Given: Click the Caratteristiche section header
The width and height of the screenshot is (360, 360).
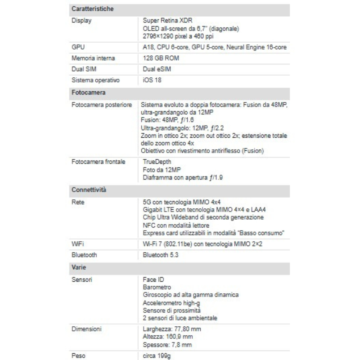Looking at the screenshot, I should tap(92, 9).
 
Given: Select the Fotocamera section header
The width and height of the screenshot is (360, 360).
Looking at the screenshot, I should tap(89, 92).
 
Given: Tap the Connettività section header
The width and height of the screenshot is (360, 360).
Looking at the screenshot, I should tap(89, 189).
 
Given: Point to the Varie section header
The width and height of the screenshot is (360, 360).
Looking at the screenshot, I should tap(79, 267).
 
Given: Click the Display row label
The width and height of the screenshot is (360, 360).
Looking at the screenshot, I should tap(81, 21).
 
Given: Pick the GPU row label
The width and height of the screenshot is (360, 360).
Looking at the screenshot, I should tap(78, 47).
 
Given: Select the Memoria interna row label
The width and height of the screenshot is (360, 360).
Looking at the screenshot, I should tap(93, 58).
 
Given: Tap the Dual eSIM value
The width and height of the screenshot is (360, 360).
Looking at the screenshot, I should tap(157, 69).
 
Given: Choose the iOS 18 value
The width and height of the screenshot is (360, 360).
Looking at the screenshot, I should tap(152, 81).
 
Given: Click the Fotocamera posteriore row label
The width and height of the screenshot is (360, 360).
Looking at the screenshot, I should tap(102, 104).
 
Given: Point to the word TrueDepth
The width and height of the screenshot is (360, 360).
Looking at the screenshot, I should tap(157, 162).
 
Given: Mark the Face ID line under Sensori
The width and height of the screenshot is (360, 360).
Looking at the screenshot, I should tap(153, 279).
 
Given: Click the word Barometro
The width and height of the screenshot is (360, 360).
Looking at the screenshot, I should tap(157, 287).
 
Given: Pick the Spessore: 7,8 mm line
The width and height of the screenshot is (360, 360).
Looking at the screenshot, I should tap(167, 345).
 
